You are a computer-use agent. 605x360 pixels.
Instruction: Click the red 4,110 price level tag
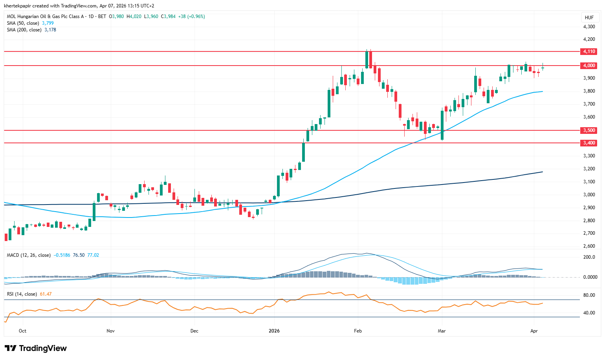588,51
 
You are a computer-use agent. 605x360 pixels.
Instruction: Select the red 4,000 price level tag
588,66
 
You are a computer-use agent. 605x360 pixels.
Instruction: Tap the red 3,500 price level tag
588,130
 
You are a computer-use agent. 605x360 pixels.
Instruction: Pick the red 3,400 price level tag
588,143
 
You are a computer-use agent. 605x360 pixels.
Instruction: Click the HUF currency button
589,18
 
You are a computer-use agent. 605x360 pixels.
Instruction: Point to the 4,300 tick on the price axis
589,27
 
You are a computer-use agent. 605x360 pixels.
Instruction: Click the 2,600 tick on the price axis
589,246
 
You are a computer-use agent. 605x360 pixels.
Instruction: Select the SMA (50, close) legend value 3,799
48,23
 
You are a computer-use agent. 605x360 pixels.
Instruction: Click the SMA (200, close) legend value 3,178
50,30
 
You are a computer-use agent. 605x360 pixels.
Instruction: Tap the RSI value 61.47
46,294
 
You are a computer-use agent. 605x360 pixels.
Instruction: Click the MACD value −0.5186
62,255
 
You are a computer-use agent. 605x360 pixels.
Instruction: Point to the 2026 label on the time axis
274,331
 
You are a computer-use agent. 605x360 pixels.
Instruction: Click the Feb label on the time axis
358,331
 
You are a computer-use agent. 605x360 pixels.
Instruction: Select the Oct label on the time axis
22,331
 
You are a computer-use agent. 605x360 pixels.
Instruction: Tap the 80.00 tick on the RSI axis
589,295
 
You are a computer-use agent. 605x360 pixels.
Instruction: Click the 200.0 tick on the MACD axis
589,258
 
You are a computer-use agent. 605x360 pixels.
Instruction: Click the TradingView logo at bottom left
36,348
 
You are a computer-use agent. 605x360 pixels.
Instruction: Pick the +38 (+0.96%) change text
191,16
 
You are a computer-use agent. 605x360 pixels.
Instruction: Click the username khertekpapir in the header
17,6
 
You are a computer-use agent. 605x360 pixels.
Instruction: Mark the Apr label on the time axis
534,331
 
